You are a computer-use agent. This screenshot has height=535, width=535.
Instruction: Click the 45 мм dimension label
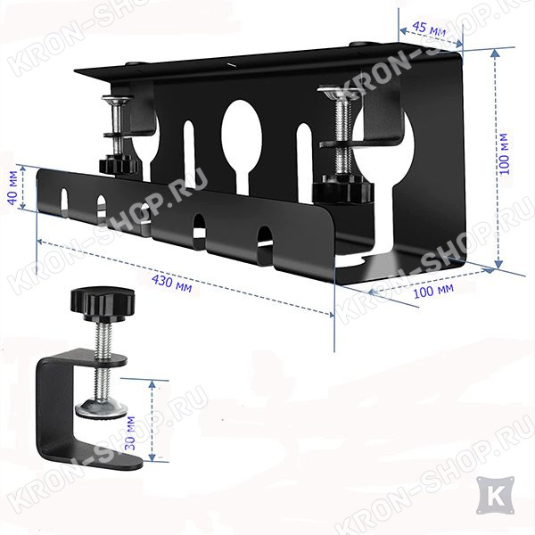pos(429,29)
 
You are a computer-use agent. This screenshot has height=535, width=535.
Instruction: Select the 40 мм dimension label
pos(13,193)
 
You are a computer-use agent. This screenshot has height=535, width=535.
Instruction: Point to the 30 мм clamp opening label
pos(130,432)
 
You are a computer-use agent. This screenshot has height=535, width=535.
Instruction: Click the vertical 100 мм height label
pos(505,154)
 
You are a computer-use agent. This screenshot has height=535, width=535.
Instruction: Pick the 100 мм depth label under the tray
pos(433,291)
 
